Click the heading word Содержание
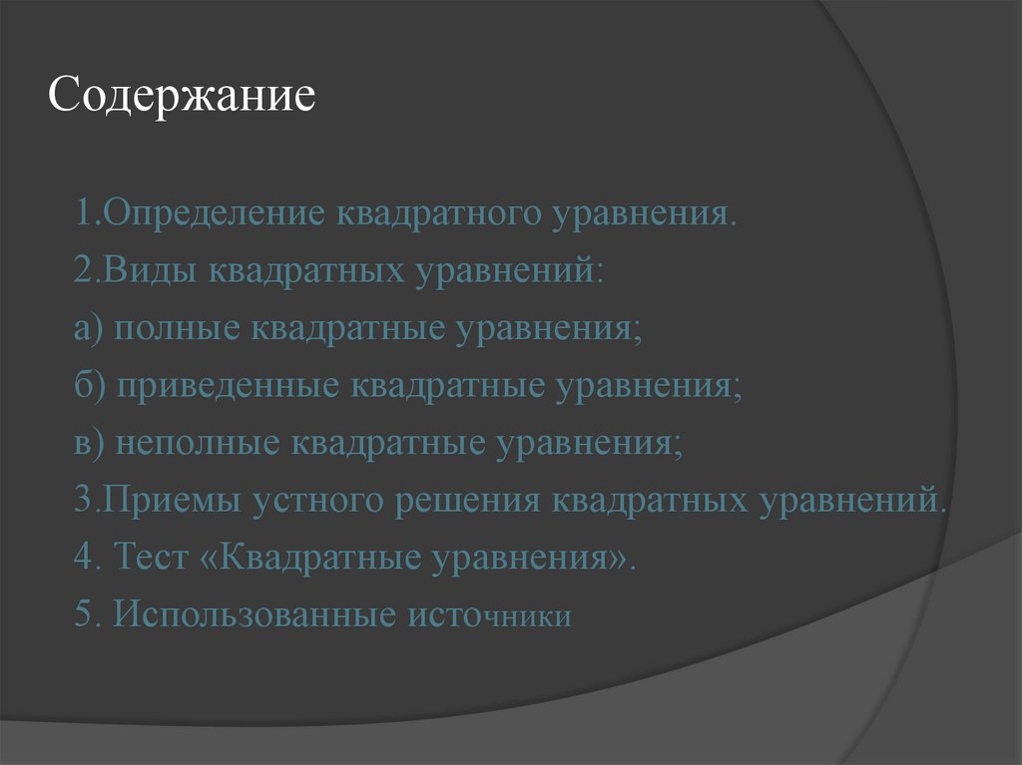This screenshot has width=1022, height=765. (183, 97)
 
